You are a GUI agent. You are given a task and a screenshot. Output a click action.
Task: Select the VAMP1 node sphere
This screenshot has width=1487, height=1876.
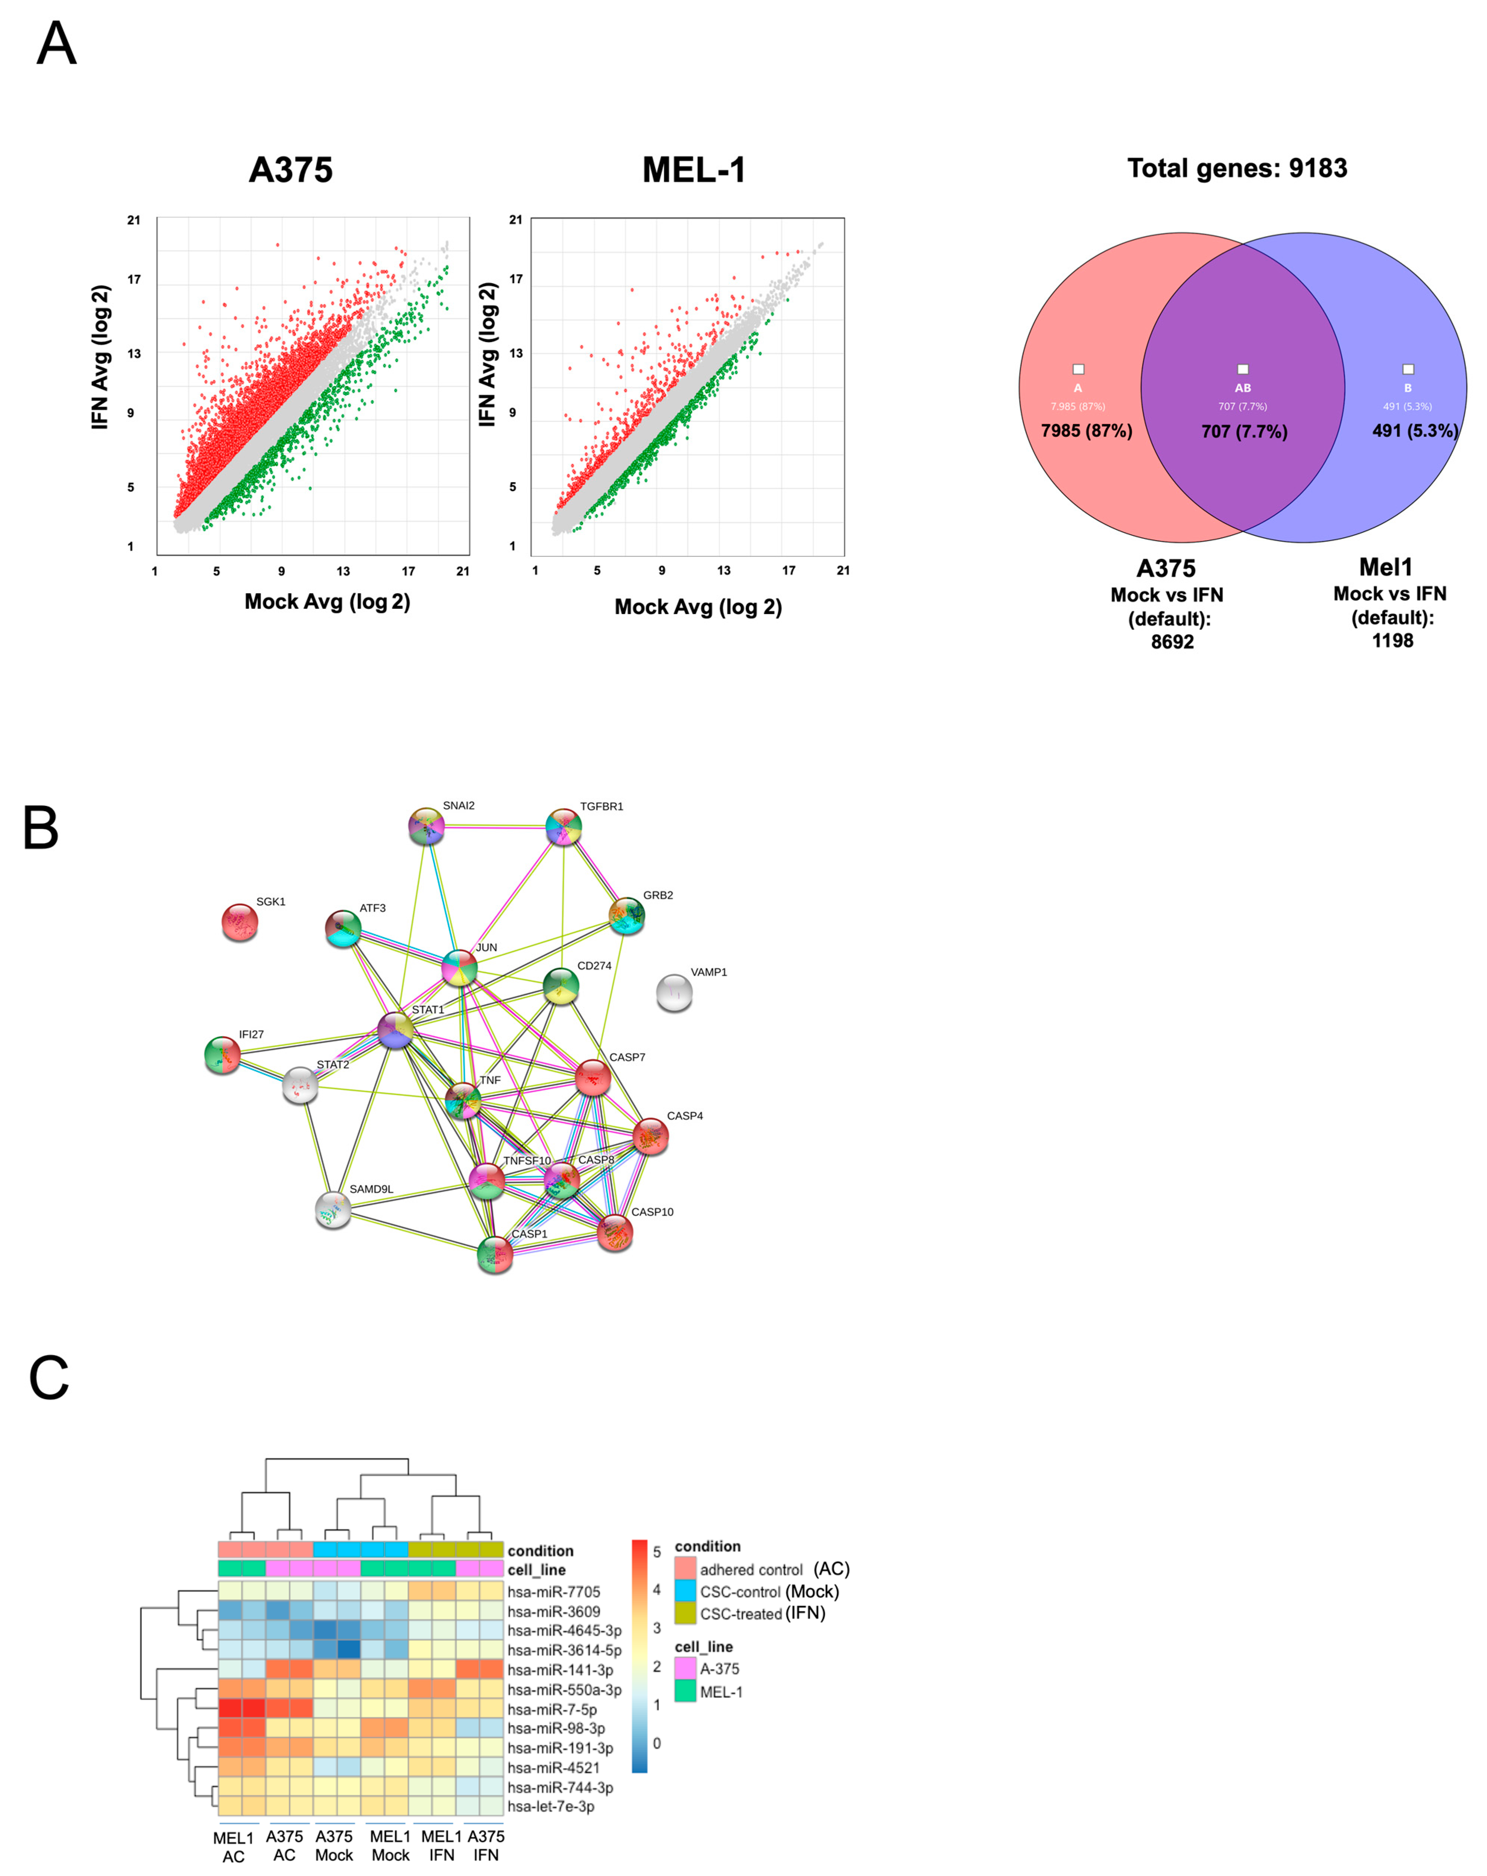673,993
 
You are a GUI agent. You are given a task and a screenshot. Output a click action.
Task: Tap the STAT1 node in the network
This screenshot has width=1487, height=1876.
396,1030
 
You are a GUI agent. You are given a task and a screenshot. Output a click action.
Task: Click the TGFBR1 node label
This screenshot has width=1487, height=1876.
601,807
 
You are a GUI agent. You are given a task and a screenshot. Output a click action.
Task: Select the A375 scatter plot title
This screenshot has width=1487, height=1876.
291,170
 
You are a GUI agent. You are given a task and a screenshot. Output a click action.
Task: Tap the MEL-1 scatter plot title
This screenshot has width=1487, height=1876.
694,170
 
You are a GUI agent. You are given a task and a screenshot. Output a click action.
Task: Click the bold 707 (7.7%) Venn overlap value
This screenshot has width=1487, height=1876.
1243,431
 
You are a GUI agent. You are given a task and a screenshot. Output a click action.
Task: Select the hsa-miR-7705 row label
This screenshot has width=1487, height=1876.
554,1591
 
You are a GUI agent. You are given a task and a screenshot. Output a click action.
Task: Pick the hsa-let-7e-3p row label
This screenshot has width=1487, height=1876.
551,1806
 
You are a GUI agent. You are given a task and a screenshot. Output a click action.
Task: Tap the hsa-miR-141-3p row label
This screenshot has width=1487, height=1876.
559,1669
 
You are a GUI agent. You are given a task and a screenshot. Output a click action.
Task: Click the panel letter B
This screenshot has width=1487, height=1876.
41,828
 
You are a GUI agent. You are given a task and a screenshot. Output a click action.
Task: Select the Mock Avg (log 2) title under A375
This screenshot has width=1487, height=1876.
327,601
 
